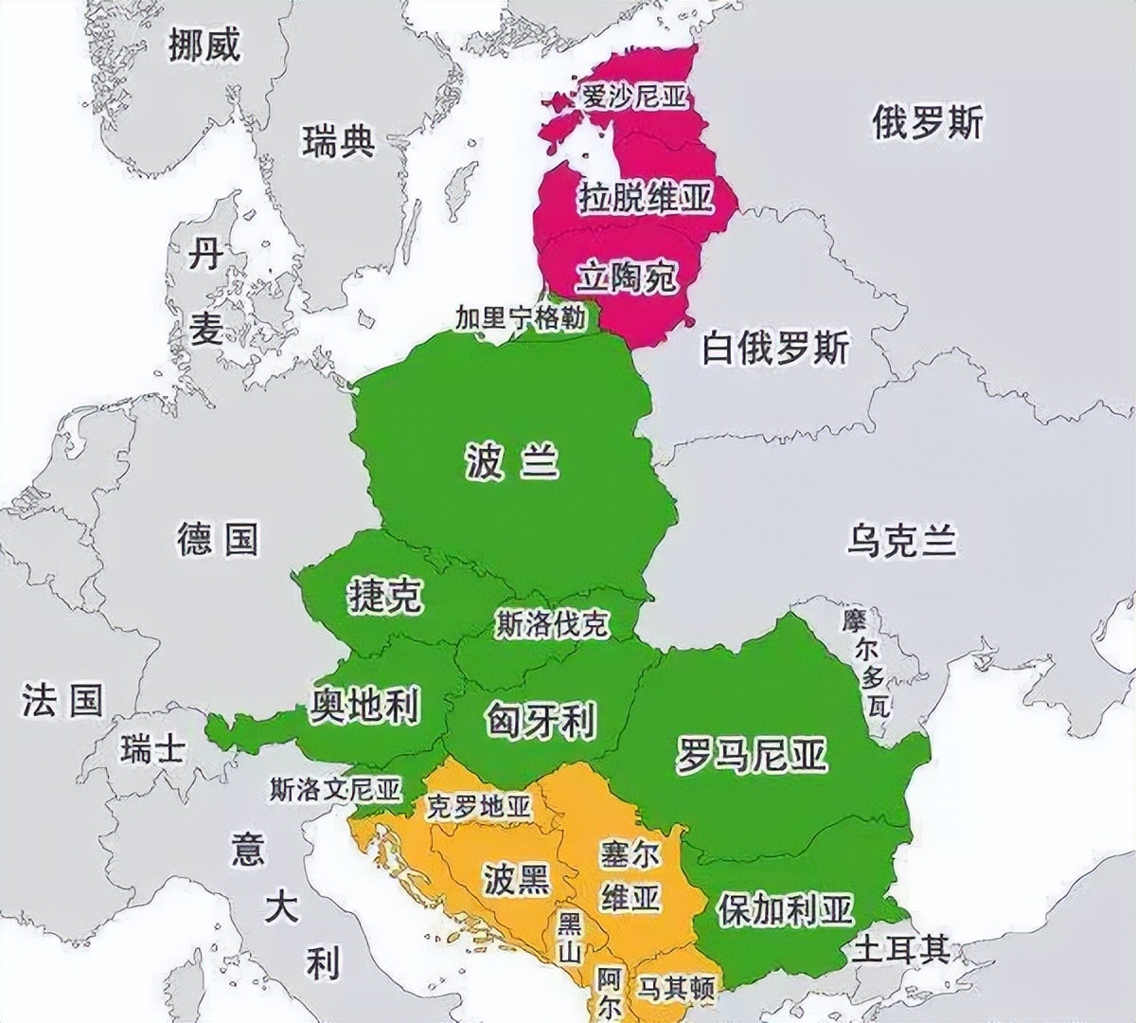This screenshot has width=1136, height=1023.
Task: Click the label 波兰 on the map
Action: click(512, 463)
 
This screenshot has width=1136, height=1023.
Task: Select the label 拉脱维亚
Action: click(644, 200)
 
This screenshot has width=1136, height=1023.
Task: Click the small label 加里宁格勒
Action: click(521, 316)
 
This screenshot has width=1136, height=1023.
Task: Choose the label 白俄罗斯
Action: click(774, 349)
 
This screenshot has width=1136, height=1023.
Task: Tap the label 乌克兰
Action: click(901, 541)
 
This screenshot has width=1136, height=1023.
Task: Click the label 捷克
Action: click(385, 595)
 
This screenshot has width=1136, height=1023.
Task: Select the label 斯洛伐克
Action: click(552, 623)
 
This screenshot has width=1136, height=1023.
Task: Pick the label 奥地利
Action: click(365, 705)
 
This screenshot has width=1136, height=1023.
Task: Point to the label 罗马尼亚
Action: click(751, 755)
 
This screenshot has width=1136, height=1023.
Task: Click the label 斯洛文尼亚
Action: click(335, 788)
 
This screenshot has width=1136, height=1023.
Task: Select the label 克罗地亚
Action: click(479, 807)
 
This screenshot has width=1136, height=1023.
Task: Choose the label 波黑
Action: click(516, 878)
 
